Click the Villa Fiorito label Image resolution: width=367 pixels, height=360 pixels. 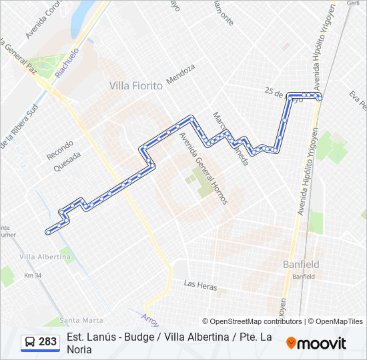tap(137, 85)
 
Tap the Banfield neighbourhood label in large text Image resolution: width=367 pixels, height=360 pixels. tap(301, 264)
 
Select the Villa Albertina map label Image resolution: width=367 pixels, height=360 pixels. tap(46, 257)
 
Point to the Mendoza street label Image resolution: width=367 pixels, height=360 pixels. tap(181, 74)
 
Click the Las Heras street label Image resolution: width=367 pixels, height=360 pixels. tap(201, 285)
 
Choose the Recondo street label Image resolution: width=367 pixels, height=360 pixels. tap(59, 149)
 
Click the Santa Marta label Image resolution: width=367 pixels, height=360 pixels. tap(81, 319)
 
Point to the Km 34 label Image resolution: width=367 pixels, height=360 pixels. tap(33, 275)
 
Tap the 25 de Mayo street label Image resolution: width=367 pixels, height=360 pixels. tap(284, 95)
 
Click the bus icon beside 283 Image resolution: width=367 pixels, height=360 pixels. tap(30, 342)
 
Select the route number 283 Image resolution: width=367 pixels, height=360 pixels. tap(47, 342)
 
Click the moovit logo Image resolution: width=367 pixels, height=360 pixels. tap(316, 343)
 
